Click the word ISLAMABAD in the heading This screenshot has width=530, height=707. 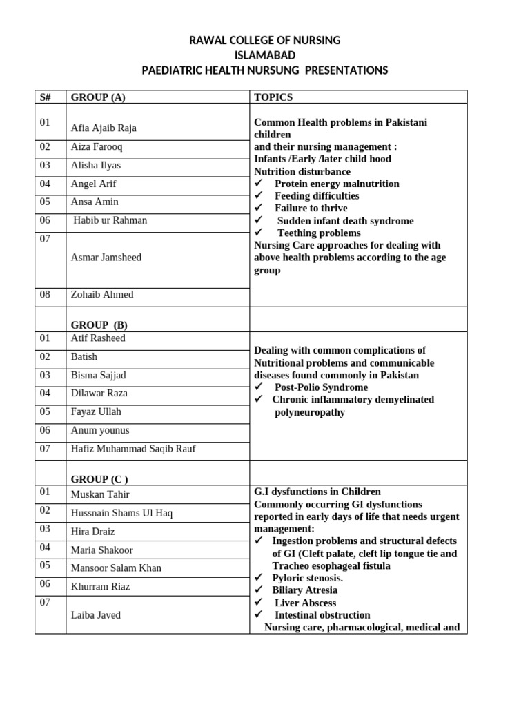coord(264,55)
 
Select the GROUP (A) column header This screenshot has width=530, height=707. coord(98,97)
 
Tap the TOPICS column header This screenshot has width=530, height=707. coord(273,97)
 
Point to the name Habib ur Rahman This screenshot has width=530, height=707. coord(110,220)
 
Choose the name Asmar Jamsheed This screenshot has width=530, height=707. coord(106,257)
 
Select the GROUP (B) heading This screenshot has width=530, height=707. coord(99,325)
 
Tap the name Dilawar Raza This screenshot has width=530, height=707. coord(99,393)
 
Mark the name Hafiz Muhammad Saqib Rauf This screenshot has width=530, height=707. coord(133,449)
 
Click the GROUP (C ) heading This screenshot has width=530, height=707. coord(99,478)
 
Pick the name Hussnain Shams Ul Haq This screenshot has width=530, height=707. coord(121,513)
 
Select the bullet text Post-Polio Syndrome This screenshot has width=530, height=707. coord(321,387)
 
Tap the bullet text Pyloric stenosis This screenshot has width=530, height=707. coord(308,578)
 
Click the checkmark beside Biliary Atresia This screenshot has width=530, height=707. coord(259,590)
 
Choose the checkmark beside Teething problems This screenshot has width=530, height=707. coord(259,233)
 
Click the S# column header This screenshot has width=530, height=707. coord(46,97)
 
